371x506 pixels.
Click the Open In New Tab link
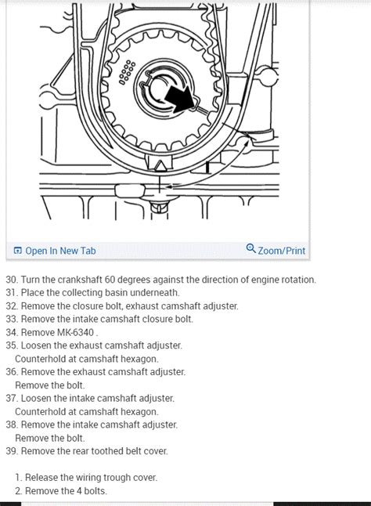pos(60,251)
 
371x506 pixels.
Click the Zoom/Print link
pos(281,251)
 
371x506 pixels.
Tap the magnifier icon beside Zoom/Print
pos(250,249)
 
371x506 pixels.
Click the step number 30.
pos(11,280)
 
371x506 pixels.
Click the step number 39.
pos(11,450)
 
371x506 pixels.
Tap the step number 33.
pos(11,319)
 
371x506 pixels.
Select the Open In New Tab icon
pos(17,251)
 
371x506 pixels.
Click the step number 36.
pos(11,371)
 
